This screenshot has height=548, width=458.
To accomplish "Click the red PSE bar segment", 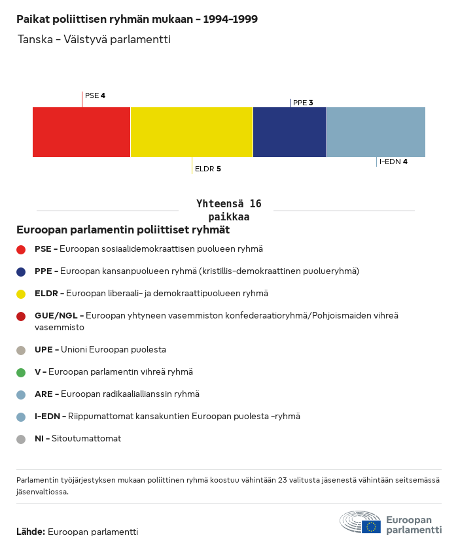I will click(81, 132).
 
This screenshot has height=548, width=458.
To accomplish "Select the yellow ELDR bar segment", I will click(192, 132).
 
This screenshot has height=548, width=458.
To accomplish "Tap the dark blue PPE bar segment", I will click(290, 132).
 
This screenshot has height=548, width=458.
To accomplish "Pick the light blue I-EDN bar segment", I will click(376, 132).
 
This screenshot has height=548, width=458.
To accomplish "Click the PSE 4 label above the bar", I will click(95, 95).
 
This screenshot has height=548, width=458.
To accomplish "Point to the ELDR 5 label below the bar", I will click(207, 169).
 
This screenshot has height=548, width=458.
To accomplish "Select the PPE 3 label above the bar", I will click(303, 103).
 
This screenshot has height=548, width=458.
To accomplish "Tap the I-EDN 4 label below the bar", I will click(393, 162).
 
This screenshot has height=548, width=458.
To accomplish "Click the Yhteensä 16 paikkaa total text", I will click(228, 211).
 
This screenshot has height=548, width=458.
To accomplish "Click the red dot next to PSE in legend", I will click(21, 249).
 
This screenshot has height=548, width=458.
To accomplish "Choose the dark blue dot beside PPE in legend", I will click(21, 271).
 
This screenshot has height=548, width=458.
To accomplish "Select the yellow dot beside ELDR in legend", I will click(21, 294).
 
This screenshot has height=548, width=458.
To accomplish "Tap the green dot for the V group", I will click(21, 372).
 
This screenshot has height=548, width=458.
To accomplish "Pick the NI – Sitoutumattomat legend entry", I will click(77, 439).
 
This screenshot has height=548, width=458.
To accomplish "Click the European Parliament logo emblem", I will click(360, 522).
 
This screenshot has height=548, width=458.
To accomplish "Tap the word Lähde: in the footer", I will click(31, 532).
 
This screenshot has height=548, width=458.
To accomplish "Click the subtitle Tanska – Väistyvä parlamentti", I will click(94, 40).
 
